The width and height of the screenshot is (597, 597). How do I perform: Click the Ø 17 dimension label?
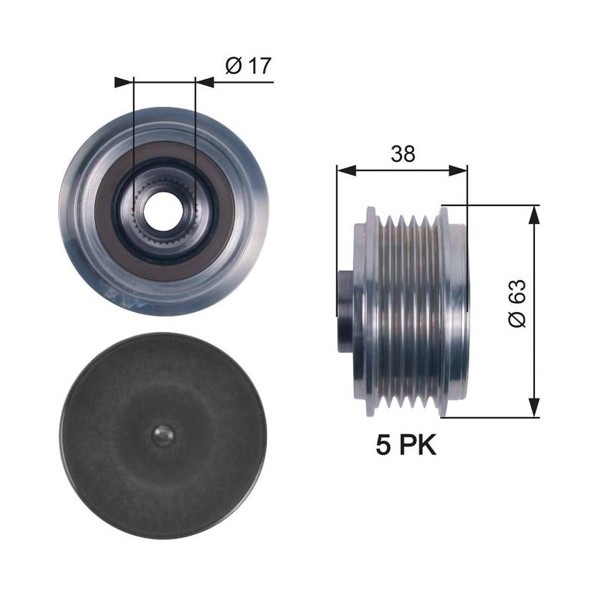coord(249,66)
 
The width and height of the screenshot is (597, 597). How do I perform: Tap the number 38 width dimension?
coord(403,154)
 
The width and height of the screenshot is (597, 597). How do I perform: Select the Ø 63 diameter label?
coord(517,303)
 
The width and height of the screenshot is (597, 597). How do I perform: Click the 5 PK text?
coord(406,445)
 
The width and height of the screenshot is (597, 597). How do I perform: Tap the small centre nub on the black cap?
coord(163,434)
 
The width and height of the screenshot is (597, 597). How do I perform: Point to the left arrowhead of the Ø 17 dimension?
coord(124,82)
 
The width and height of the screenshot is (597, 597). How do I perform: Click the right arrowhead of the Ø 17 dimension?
coord(204,82)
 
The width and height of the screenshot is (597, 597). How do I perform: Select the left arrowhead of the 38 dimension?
coord(346,171)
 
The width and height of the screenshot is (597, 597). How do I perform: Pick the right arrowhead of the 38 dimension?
coord(457,171)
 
